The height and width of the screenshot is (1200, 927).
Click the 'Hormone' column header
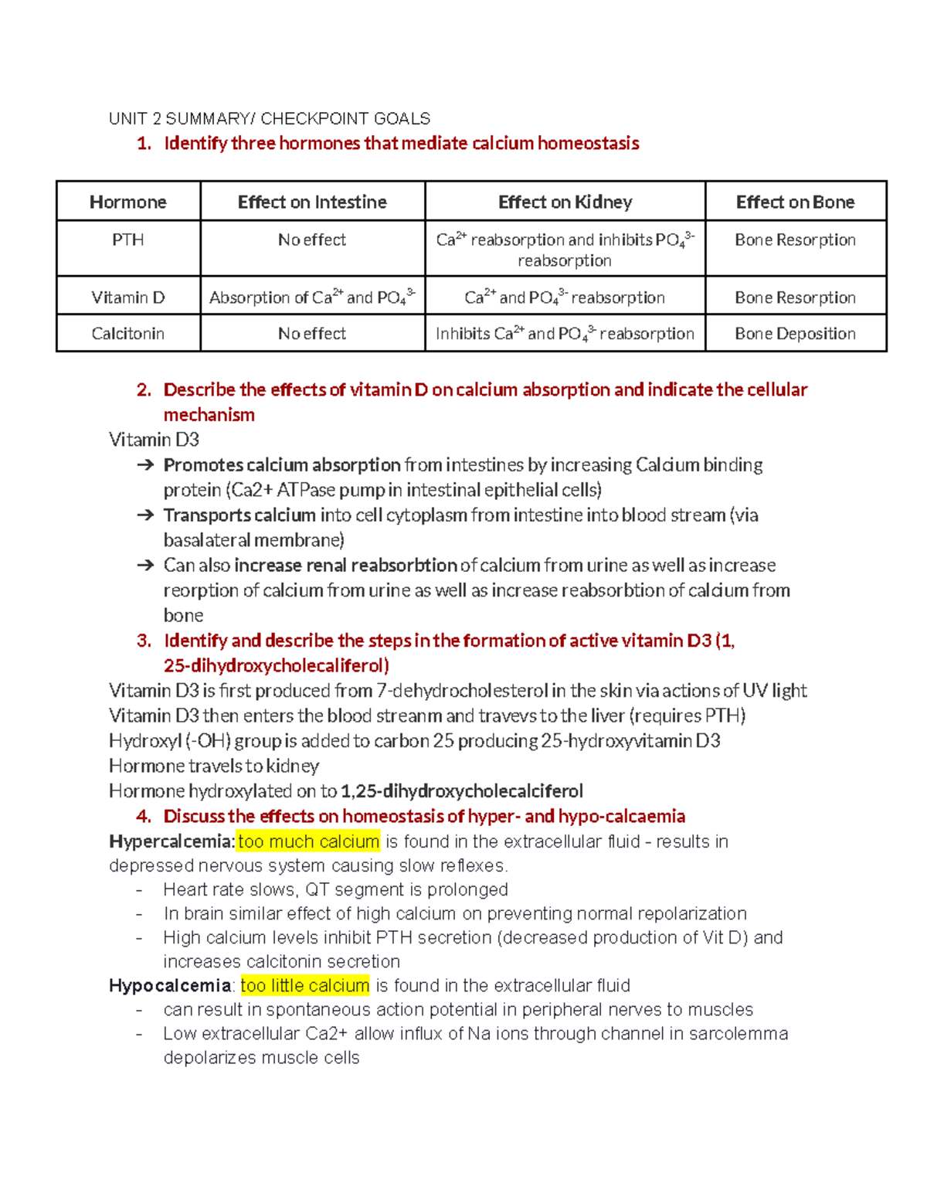(128, 202)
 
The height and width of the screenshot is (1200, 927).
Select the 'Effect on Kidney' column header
(565, 202)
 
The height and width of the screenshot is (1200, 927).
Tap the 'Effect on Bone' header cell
(795, 202)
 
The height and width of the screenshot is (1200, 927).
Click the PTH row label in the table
(128, 240)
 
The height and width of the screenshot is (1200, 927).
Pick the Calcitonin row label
(128, 334)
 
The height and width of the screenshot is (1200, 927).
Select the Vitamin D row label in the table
(128, 297)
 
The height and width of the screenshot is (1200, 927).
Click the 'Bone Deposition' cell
(795, 334)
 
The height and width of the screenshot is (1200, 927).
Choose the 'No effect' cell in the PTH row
(312, 240)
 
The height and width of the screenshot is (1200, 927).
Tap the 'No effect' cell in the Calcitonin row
(312, 334)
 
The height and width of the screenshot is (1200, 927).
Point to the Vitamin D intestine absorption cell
(312, 297)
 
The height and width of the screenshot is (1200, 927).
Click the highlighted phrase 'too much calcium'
(309, 841)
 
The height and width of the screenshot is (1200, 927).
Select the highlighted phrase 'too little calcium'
(305, 986)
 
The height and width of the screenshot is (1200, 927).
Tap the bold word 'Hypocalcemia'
(170, 986)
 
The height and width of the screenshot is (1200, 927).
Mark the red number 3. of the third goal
(144, 641)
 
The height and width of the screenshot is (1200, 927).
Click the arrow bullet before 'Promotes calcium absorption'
(144, 465)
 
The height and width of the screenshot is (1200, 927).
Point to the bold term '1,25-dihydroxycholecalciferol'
(462, 791)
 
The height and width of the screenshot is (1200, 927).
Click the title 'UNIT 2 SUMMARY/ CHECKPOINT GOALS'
(270, 119)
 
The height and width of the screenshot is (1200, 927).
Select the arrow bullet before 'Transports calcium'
(144, 515)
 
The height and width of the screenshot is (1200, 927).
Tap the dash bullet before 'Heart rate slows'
(139, 890)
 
